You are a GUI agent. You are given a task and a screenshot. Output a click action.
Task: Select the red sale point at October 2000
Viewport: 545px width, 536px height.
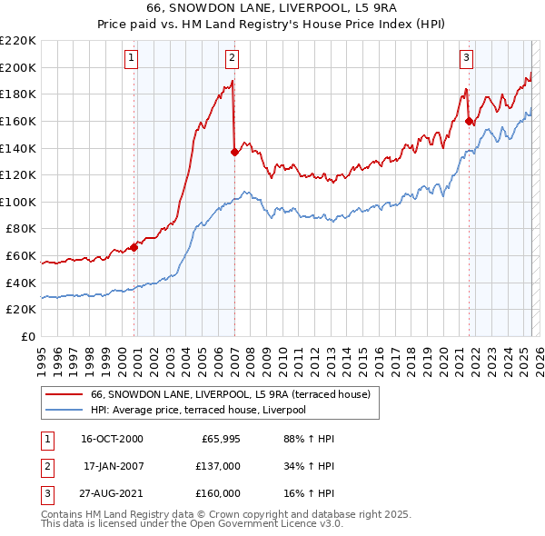coord(134,246)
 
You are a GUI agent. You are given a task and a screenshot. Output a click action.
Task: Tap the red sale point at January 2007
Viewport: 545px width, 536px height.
coord(234,152)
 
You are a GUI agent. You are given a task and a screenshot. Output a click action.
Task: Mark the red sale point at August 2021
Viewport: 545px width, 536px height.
coord(469,121)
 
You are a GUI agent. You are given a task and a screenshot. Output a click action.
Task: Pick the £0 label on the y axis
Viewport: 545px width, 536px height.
coord(27,336)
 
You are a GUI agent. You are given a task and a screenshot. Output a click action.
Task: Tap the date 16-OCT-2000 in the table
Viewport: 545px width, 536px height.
coord(112,439)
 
